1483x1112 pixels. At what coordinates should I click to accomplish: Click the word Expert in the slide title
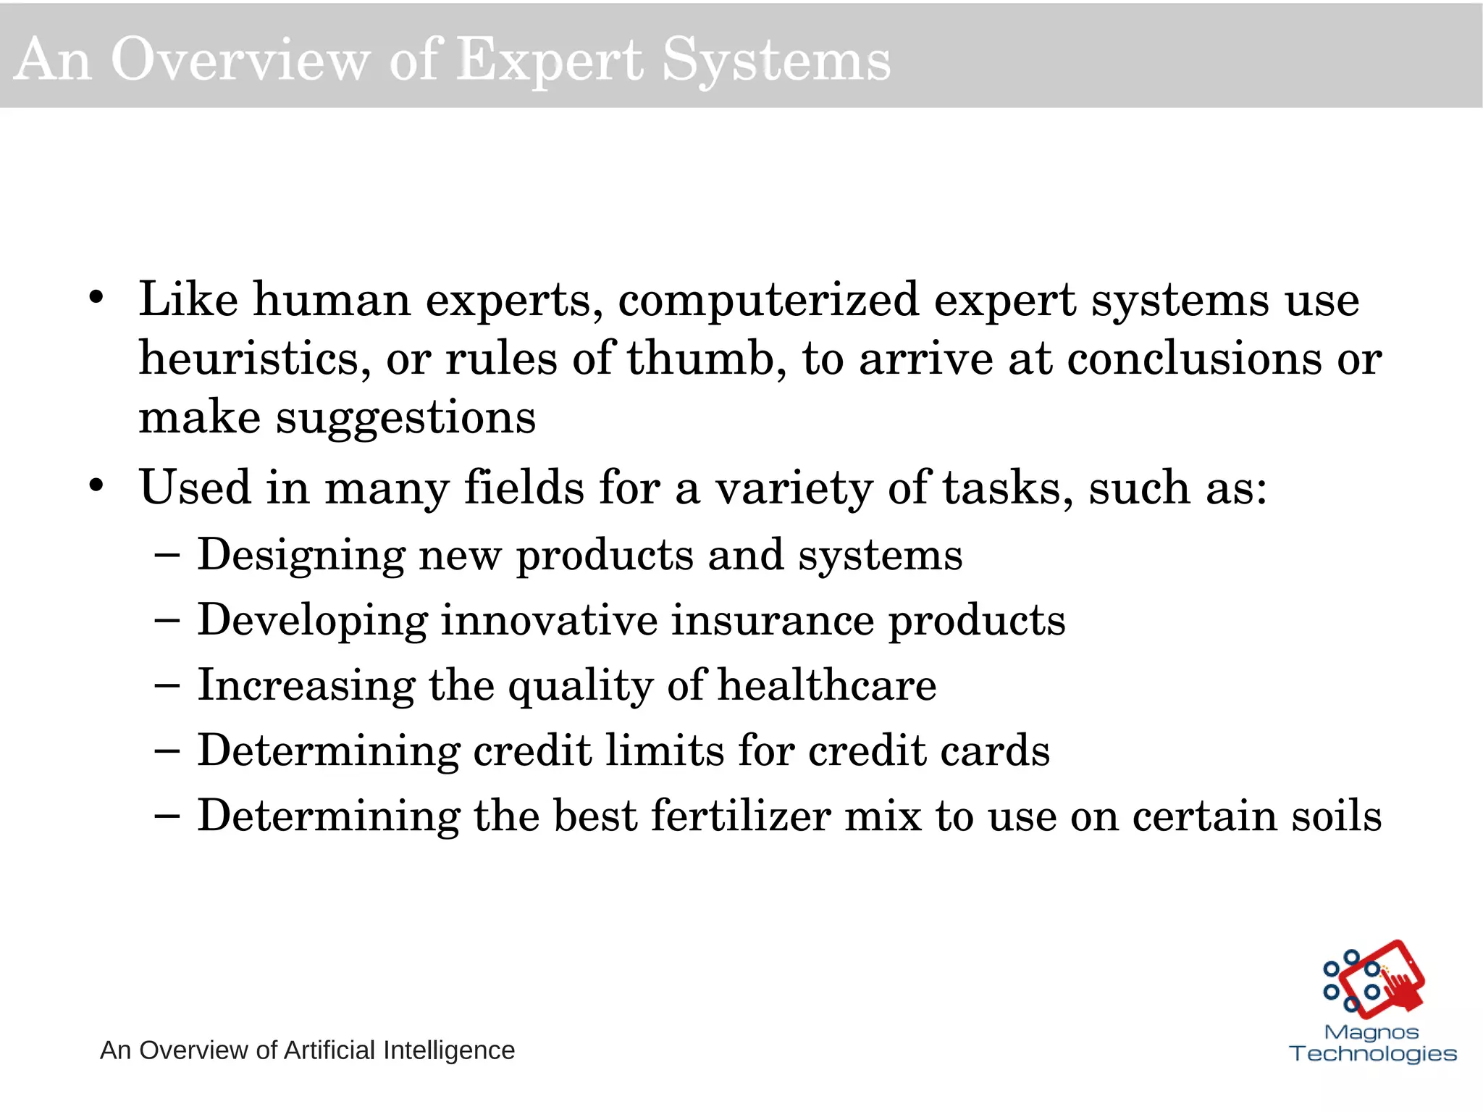tap(550, 60)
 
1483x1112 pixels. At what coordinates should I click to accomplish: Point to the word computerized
tap(768, 299)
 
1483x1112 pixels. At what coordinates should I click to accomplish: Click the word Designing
tap(301, 556)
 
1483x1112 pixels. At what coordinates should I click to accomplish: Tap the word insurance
tap(772, 620)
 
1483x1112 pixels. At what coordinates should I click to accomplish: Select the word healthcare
tap(826, 685)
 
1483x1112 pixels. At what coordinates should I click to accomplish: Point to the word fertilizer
tap(740, 816)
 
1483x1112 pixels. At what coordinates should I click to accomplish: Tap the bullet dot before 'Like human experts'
tap(96, 298)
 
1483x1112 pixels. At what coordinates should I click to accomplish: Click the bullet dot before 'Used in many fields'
tap(96, 485)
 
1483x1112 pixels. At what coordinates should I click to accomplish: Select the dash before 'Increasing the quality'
tap(167, 685)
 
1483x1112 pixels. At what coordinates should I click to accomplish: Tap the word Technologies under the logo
tap(1373, 1053)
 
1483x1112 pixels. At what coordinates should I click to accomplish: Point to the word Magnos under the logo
tap(1371, 1032)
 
